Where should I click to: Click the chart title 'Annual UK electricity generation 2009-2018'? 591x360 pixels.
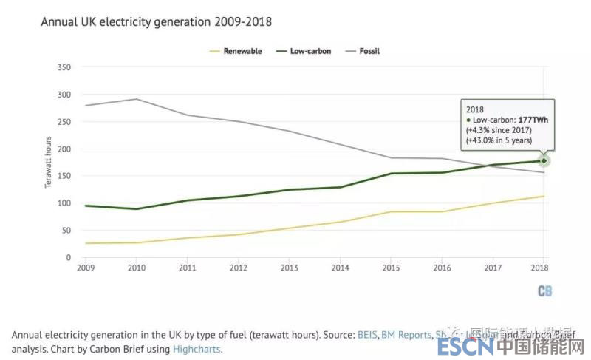pos(156,22)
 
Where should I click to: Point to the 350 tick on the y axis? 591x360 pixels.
pos(64,67)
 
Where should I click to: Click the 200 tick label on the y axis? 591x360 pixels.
pos(64,149)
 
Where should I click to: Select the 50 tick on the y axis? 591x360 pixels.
pos(66,231)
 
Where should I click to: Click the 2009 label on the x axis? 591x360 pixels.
pos(86,268)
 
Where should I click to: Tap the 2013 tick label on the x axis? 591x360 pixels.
pos(290,268)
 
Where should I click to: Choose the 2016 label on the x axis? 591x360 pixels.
pos(443,268)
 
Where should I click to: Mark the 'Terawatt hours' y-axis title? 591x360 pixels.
pos(49,162)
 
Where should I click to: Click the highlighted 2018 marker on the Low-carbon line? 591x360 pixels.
pos(544,160)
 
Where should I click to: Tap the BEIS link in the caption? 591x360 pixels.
pos(366,335)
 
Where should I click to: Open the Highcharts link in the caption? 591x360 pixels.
pos(196,349)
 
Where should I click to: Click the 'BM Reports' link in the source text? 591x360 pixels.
pos(406,335)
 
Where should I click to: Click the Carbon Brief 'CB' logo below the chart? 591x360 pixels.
pos(544,291)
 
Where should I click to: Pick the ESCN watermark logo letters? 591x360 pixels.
pos(465,346)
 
